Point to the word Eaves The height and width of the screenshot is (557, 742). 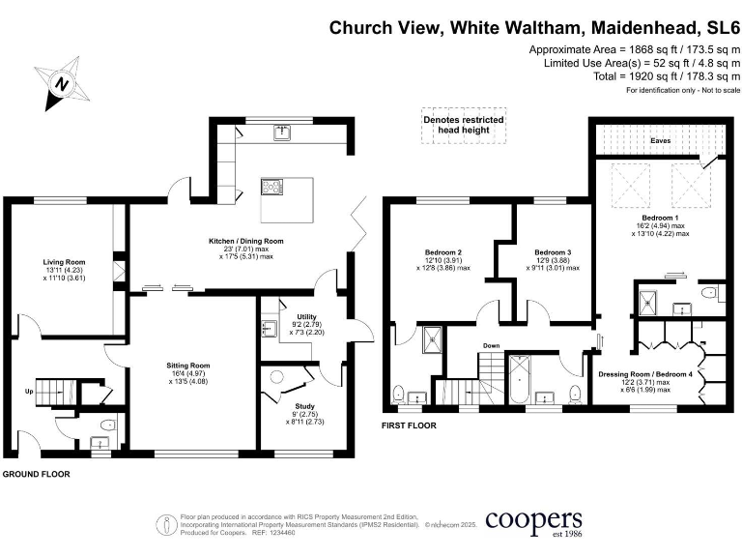(660, 140)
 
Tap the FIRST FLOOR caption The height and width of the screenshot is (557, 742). (410, 425)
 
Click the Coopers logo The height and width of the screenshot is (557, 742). (532, 521)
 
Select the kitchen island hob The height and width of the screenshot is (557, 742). (266, 188)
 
